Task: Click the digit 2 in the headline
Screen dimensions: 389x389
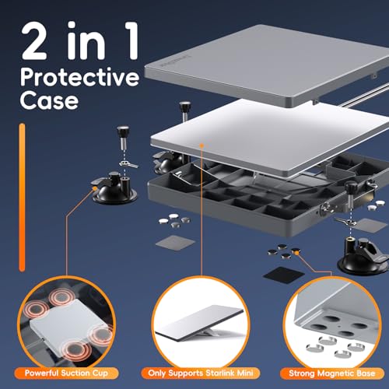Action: tap(34, 41)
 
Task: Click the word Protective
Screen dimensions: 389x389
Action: tap(79, 77)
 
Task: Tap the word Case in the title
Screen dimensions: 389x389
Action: tap(49, 100)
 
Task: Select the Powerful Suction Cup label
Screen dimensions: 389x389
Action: tap(66, 373)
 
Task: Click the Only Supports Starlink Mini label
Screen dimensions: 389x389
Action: tap(201, 373)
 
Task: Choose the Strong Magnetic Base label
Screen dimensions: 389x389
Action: tap(331, 373)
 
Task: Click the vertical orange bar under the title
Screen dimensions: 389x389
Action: tap(23, 198)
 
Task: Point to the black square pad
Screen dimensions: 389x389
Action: tap(284, 275)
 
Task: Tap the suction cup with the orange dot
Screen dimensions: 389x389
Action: tap(114, 189)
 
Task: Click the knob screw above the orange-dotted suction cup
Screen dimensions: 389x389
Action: tap(123, 138)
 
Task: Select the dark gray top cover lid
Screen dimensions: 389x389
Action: tap(267, 65)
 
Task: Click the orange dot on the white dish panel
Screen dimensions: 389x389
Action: tap(202, 145)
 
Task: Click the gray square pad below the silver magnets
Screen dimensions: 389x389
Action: tap(175, 243)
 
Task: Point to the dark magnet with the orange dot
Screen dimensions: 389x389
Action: tap(296, 251)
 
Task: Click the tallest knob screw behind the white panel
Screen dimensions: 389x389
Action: tap(184, 112)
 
